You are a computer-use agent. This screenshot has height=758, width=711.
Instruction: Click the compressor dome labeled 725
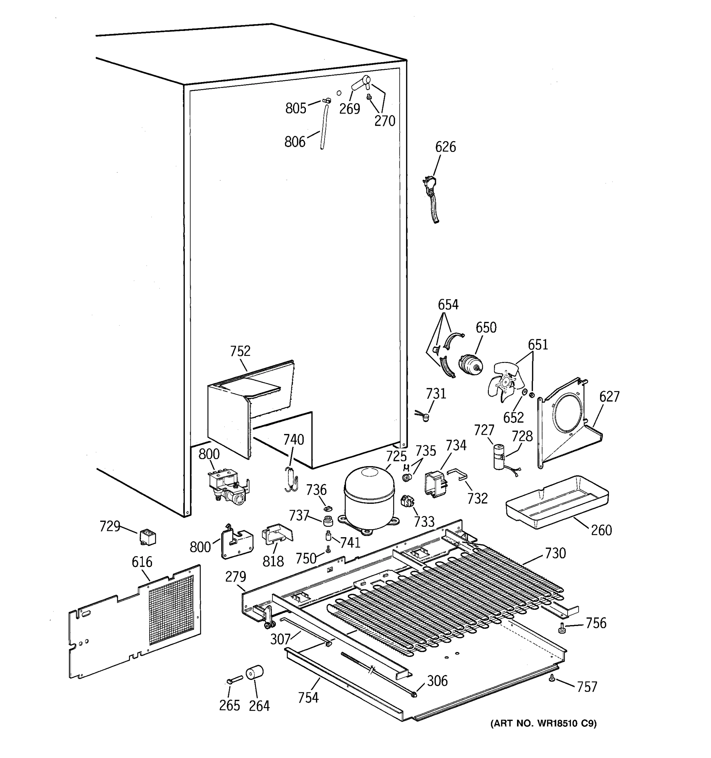369,496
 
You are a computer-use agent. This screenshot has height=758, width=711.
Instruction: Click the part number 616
142,562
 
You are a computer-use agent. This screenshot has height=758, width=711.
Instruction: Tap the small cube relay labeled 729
148,537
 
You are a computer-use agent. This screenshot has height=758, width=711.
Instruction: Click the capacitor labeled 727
499,456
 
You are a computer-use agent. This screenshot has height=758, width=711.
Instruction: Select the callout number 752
240,351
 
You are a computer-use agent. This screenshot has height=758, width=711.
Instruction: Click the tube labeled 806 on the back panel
324,128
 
